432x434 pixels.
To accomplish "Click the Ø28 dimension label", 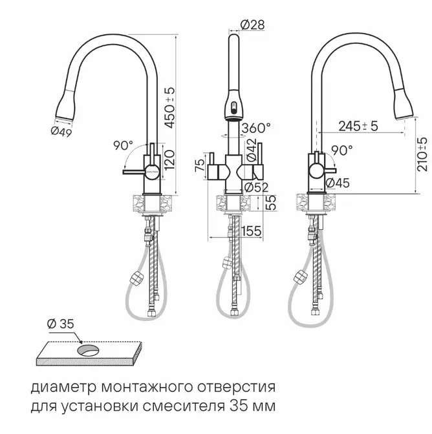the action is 252,25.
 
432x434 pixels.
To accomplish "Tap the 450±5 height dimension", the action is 169,108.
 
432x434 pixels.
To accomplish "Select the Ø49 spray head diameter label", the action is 61,131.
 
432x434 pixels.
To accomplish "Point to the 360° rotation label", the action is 256,128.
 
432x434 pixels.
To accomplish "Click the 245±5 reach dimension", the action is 358,126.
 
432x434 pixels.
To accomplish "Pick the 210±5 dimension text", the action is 424,154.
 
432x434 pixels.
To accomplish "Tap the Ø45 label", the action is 338,183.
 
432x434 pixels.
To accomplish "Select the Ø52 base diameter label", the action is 257,188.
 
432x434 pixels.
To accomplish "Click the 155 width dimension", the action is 252,231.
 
